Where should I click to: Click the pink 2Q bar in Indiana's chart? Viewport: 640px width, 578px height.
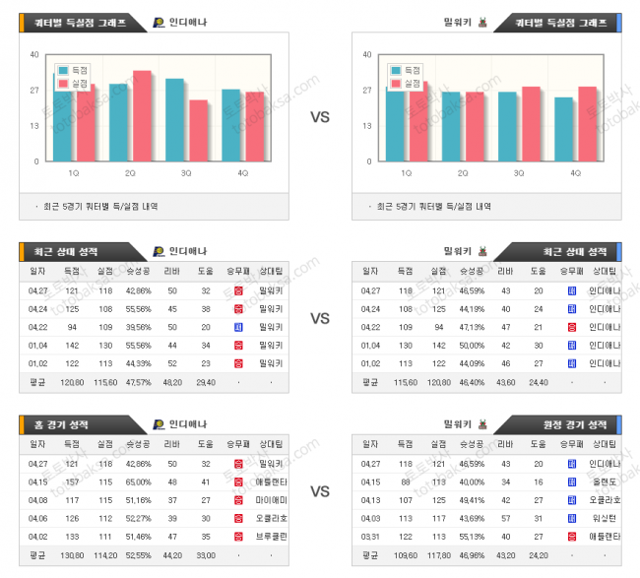142,116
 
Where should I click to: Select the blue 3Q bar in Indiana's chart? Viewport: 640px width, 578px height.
174,120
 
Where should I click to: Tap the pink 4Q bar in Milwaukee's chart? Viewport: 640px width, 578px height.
588,124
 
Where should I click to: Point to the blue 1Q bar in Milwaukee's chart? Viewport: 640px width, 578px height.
396,124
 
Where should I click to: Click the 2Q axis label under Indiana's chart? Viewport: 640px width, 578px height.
130,172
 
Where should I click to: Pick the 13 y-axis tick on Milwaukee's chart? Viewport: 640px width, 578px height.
368,125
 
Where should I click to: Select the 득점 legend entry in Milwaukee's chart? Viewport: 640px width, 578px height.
407,71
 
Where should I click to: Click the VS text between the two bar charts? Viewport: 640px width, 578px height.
320,117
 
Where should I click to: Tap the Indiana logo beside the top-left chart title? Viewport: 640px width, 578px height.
160,22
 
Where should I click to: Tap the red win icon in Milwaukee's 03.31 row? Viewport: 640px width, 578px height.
572,537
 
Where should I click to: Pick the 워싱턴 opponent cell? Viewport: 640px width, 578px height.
603,518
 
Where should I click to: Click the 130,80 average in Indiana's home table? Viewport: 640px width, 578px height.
72,555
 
